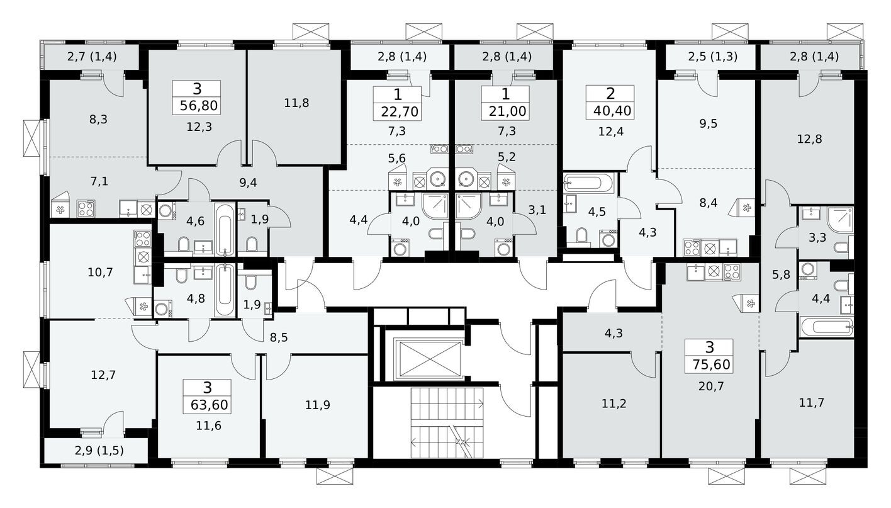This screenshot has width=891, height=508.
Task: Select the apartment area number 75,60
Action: [710, 364]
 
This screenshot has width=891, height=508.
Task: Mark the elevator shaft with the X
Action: [418, 359]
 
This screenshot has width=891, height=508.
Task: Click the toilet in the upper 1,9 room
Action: [251, 244]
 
